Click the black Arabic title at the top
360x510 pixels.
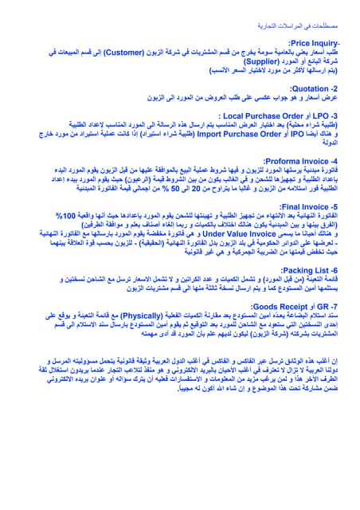[x=315, y=14]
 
